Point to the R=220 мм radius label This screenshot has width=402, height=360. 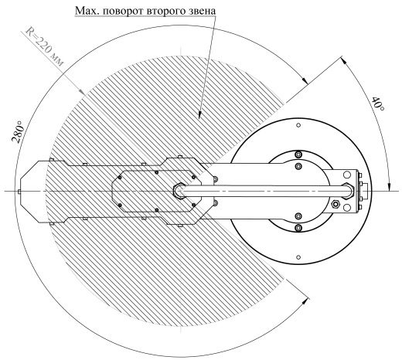coord(44,46)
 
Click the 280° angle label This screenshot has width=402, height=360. coord(19,132)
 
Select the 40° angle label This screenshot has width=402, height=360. coord(378,104)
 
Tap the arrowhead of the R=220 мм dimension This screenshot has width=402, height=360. coord(81,91)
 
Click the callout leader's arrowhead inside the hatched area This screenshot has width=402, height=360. coord(199,115)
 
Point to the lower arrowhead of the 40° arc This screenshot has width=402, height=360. coord(390,187)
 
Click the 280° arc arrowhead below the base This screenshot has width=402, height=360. coord(306,300)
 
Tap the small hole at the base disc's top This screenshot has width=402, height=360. coord(298,125)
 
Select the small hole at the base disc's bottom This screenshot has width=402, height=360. coord(298,256)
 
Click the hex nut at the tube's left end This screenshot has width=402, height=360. coord(179,191)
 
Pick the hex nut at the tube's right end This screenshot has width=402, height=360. coord(349,191)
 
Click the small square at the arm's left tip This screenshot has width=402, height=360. coord(19,192)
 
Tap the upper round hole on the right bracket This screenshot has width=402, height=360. coord(346,175)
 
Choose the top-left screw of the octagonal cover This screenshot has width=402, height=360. coord(119,178)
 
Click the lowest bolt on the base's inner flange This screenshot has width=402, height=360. coord(298,227)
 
